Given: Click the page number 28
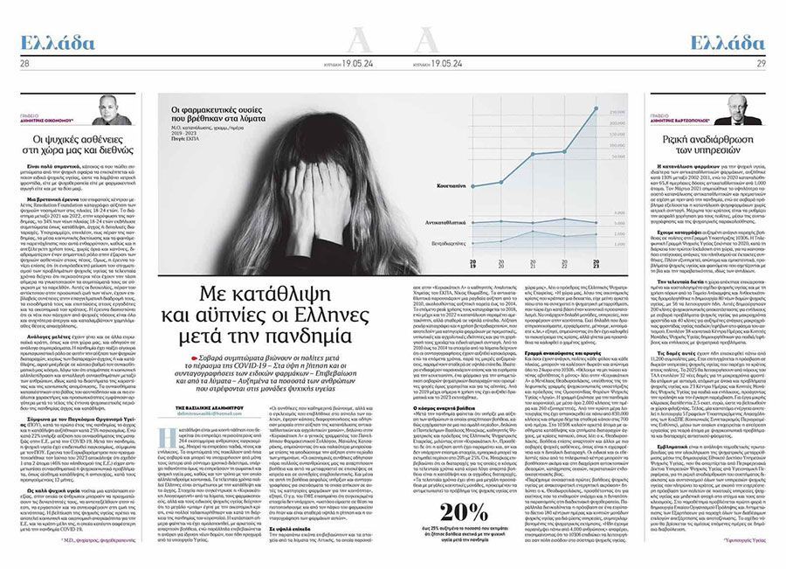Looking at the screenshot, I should click(x=24, y=63).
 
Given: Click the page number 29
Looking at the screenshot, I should click(x=761, y=63).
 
